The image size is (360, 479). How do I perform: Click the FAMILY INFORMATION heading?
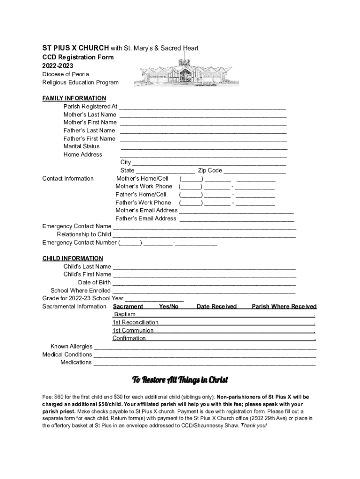74,98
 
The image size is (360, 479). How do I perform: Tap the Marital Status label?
81,146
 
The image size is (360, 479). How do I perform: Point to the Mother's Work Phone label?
144,186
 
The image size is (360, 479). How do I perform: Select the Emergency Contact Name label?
77,226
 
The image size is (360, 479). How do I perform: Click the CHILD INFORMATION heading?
72,258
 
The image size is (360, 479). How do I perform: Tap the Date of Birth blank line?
204,283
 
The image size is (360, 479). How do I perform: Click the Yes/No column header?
169,306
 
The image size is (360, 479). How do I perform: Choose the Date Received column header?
216,306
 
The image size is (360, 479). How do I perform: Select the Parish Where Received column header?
284,306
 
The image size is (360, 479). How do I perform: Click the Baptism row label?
124,314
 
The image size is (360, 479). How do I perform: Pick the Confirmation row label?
129,338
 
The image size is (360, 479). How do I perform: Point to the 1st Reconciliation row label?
135,322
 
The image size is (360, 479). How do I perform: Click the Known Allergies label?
71,347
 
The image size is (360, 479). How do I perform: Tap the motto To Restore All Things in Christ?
180,379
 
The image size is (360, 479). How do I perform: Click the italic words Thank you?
253,426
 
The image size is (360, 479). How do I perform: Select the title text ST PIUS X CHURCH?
76,48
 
